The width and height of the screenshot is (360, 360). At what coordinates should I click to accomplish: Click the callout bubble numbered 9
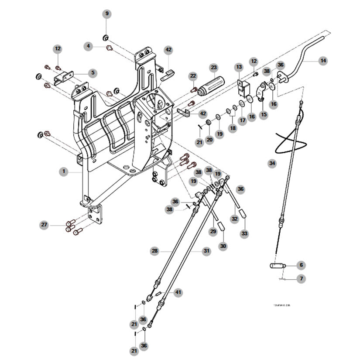tap(107, 14)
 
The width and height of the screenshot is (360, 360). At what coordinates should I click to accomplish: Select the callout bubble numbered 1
tap(64, 172)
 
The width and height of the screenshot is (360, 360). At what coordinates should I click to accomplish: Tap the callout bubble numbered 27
tap(44, 225)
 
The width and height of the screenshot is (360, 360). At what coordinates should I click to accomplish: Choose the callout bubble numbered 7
tap(301, 278)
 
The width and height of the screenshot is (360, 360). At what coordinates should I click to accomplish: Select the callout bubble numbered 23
tap(213, 68)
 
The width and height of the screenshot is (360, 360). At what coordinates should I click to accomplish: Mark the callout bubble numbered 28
tap(154, 251)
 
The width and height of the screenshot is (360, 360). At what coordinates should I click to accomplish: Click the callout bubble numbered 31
tap(206, 251)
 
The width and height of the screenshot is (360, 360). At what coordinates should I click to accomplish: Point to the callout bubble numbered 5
tap(93, 72)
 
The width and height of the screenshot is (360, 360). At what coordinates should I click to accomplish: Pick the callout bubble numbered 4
tap(89, 45)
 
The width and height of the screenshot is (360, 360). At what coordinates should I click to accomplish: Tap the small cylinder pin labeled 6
tap(276, 265)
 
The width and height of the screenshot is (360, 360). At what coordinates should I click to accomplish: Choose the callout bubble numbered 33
tap(244, 234)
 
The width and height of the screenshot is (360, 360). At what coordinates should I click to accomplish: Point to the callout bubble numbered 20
tap(209, 140)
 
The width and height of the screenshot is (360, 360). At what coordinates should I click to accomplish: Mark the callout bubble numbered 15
tap(264, 115)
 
